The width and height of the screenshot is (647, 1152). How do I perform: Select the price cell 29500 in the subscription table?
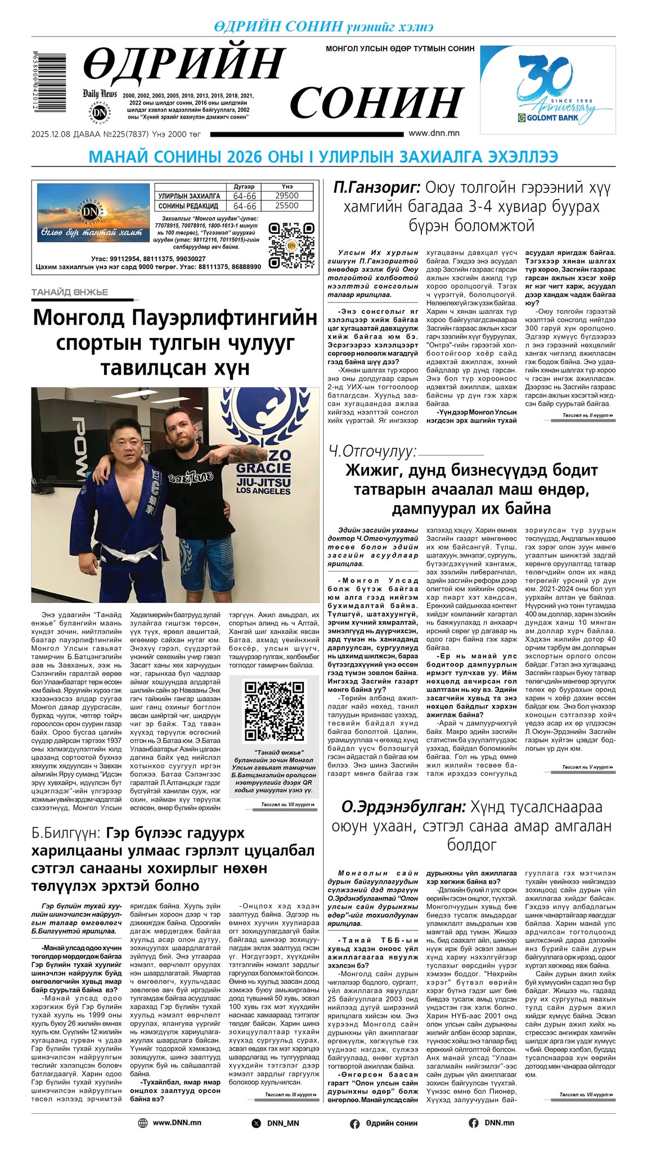[286, 196]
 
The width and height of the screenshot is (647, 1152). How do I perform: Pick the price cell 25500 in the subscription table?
[286, 206]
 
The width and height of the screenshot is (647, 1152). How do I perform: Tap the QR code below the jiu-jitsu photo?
[273, 711]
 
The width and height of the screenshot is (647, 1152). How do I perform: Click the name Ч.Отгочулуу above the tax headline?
[372, 451]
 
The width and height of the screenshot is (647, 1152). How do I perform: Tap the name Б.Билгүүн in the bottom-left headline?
[66, 832]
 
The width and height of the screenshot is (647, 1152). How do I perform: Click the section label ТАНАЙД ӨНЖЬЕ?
[70, 292]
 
